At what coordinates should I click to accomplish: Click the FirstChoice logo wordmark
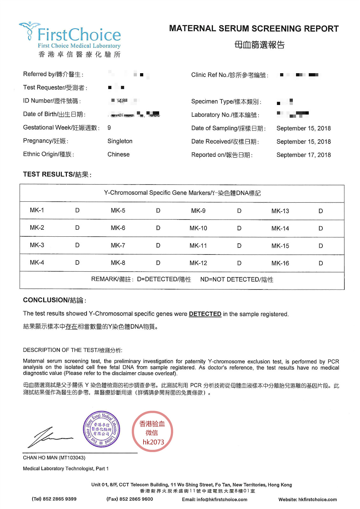[79, 35]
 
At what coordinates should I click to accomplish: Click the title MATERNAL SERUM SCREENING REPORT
[254, 29]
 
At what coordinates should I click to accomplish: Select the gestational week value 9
[109, 128]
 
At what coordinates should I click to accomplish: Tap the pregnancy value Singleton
[120, 141]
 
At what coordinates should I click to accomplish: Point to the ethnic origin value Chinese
[118, 155]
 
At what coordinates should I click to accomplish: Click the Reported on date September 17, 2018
[303, 155]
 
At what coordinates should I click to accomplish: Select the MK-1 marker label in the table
[37, 210]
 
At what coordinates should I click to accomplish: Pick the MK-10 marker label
[198, 228]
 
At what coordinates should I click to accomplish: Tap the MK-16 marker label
[280, 263]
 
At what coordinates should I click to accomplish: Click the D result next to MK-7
[158, 246]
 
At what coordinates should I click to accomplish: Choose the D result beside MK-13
[321, 211]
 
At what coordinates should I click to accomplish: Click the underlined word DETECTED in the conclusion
[205, 314]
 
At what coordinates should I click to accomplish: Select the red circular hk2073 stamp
[152, 432]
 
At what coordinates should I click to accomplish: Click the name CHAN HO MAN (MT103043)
[54, 458]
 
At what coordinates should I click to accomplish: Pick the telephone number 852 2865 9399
[60, 499]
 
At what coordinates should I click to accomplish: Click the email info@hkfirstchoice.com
[222, 499]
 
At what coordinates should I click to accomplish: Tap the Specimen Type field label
[226, 102]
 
